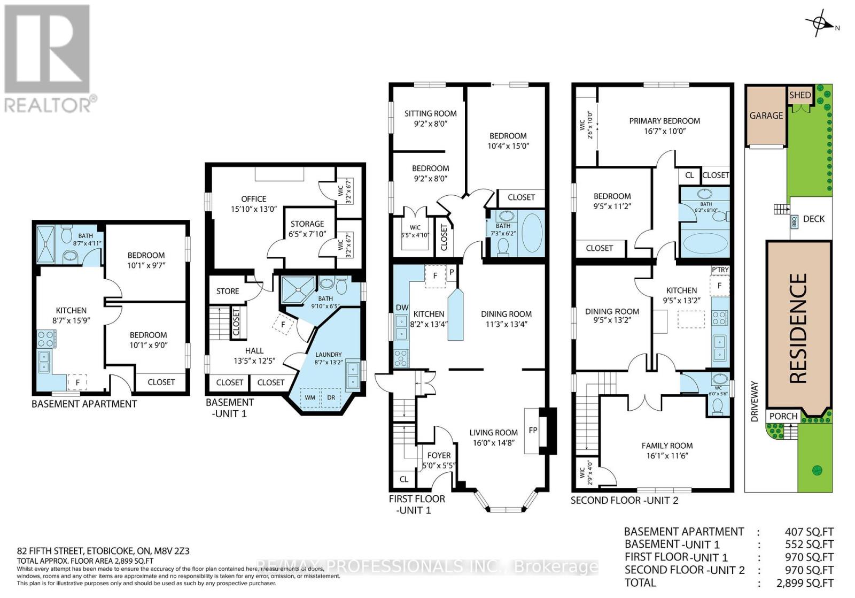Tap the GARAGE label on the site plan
pos(766,116)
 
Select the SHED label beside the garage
pos(800,95)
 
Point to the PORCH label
pos(783,416)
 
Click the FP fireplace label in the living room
pos(533,430)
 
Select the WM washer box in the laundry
pos(310,397)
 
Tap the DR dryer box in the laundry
pos(331,397)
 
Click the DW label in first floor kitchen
pos(402,308)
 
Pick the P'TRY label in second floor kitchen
pos(720,270)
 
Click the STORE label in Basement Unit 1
pos(228,291)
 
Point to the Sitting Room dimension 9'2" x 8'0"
pos(430,124)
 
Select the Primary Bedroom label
pos(664,121)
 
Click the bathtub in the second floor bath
pos(706,242)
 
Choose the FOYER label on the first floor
pos(439,455)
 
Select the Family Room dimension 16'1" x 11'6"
pos(667,456)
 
